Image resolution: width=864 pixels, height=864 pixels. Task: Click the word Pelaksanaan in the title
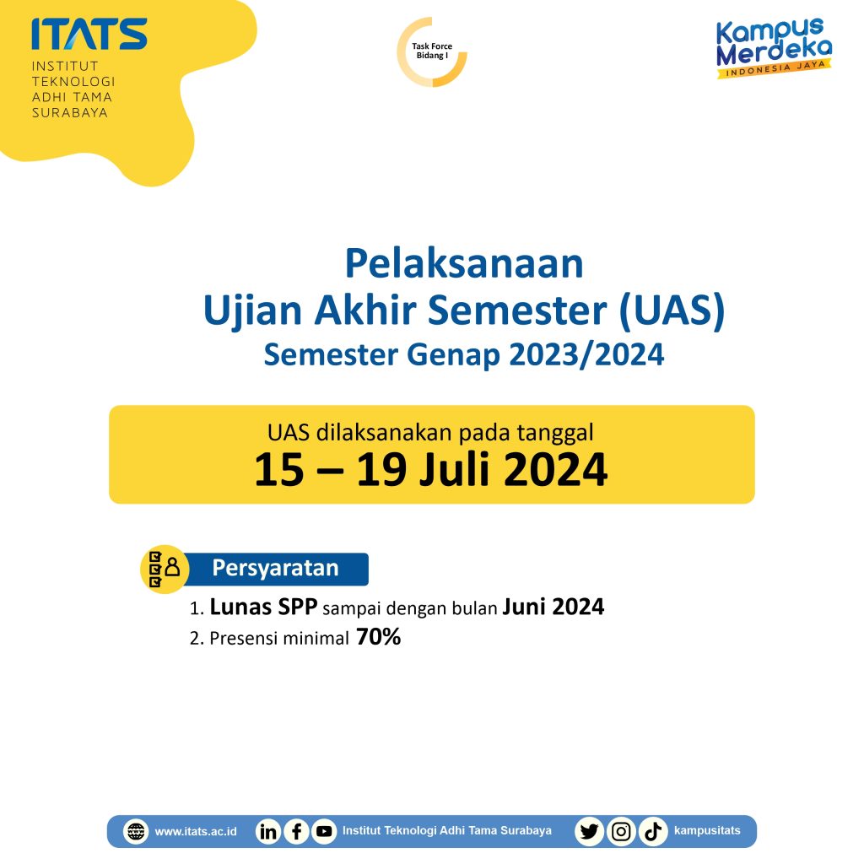(x=463, y=264)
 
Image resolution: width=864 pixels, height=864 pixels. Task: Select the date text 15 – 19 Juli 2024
(x=430, y=471)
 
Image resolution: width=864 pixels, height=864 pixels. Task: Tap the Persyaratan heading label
(x=275, y=569)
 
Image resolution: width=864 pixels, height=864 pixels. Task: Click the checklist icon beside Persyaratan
(x=164, y=568)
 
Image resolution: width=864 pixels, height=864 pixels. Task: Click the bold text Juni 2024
(x=553, y=607)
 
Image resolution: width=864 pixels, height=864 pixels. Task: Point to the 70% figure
(x=378, y=638)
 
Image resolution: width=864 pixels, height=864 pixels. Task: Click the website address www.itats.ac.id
(x=196, y=831)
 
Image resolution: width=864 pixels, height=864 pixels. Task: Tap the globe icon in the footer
(x=135, y=831)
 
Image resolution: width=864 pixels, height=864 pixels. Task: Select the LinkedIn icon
(x=268, y=831)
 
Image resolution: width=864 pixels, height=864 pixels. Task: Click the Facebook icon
(x=296, y=831)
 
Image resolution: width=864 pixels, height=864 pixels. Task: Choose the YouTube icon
(x=323, y=831)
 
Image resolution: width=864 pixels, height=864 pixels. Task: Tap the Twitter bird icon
(x=589, y=831)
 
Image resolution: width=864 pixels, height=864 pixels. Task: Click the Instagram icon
(x=621, y=831)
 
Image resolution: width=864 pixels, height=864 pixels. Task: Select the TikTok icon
(x=652, y=831)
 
